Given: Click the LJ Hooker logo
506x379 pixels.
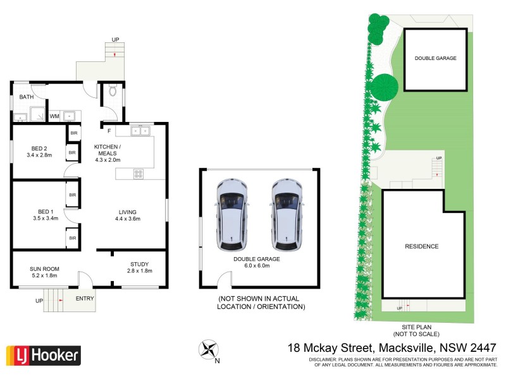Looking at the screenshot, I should point(43,355).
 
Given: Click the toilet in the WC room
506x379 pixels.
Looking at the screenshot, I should point(113,92).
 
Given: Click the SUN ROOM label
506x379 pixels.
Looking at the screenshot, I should point(44,268).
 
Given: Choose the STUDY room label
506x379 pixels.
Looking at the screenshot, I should point(139,264).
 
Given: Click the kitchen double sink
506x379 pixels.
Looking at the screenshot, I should point(139,131).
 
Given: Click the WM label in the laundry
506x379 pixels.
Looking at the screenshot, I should point(54,116).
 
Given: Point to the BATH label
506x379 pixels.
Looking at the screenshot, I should point(27,97).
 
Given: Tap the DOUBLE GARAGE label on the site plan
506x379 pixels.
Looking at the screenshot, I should point(435,58).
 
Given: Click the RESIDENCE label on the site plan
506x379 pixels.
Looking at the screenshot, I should point(421,246).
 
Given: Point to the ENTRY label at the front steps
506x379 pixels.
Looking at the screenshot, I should point(85,298).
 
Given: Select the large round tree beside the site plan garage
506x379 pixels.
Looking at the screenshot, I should point(384,87).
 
